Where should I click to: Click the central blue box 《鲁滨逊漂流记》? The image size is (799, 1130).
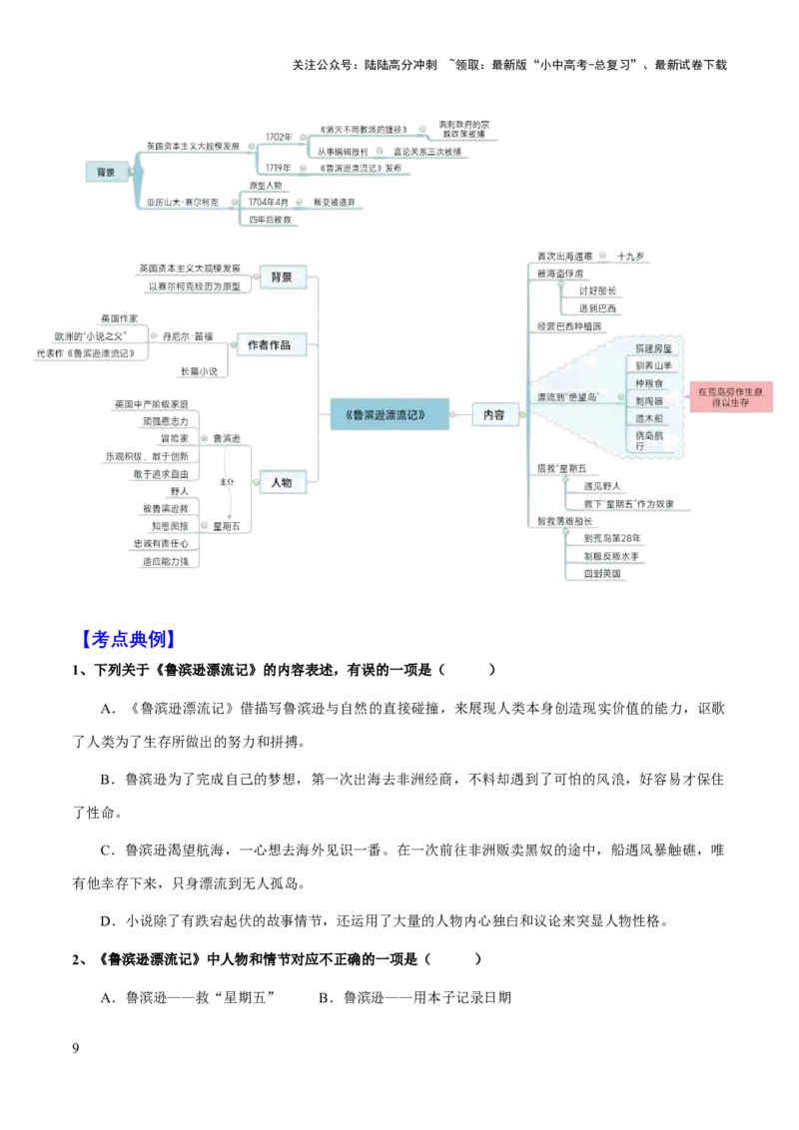(x=387, y=414)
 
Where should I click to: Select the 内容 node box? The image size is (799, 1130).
(x=493, y=414)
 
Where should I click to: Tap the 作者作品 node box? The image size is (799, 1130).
(x=269, y=344)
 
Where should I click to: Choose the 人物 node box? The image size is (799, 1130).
(x=281, y=482)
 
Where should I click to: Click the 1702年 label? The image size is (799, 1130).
(x=280, y=136)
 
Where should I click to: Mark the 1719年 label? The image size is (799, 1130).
(x=279, y=168)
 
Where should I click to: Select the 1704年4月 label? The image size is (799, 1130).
(x=269, y=202)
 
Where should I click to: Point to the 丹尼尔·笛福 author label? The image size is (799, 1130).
(x=187, y=336)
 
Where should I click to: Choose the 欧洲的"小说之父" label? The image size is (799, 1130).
(x=89, y=335)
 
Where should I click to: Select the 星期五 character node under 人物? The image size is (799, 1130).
(x=227, y=524)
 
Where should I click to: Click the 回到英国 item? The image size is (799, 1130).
(x=601, y=573)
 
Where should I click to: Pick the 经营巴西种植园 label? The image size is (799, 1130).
(x=569, y=325)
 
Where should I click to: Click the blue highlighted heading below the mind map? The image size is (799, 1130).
(x=128, y=639)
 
